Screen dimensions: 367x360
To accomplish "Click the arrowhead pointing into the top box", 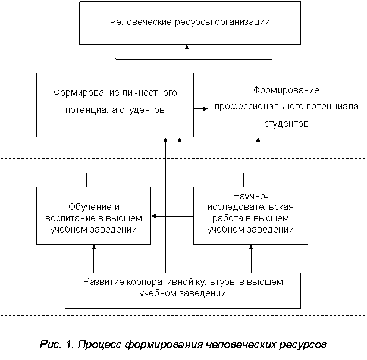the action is click(187, 48).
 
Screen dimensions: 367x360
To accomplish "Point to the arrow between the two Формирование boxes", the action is click(200, 109).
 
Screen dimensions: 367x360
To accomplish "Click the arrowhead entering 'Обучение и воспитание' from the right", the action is click(154, 216).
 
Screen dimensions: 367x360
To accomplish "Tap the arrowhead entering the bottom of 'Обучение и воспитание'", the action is click(94, 248).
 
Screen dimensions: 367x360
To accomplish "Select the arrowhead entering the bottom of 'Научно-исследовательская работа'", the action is click(251, 248).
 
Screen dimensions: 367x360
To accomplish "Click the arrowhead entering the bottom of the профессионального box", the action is click(258, 140).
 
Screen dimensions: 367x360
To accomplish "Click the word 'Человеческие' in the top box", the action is click(141, 22).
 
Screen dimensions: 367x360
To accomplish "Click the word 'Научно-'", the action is click(250, 196).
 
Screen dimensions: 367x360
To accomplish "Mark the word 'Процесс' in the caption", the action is click(99, 345).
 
